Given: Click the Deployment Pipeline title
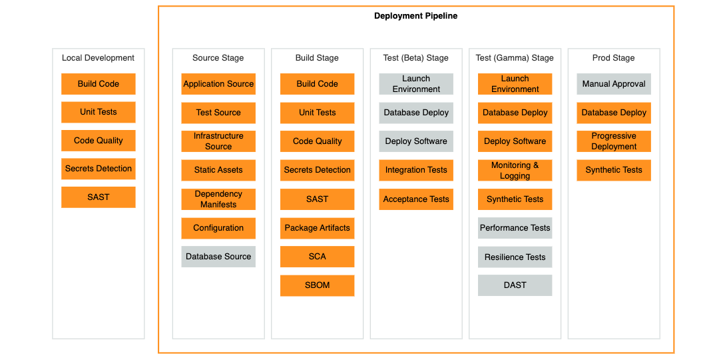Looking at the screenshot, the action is tap(415, 16).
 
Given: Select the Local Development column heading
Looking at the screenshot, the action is tap(98, 58).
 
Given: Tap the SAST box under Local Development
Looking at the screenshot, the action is tap(99, 197).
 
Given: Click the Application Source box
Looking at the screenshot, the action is tap(218, 84).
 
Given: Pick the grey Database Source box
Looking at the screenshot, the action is tap(218, 257).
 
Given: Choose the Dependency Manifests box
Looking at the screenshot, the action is tap(218, 199).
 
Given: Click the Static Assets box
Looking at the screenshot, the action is tap(218, 171).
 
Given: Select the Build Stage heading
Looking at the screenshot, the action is tap(317, 58).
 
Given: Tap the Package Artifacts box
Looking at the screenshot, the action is tap(318, 228).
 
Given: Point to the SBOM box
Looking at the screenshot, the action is tap(318, 285).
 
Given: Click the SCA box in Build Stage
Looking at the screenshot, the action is tap(318, 257).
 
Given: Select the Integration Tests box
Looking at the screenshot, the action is tap(416, 171).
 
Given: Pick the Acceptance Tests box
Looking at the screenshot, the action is tap(416, 199).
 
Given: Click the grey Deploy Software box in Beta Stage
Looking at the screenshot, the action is tap(416, 141).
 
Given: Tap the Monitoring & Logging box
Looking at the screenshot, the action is tap(515, 171).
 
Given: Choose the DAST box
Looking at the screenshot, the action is tap(515, 285).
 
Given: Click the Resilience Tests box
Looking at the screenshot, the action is tap(515, 257).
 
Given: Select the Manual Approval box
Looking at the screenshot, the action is tap(614, 84).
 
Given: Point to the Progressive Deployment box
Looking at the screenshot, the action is tap(614, 141).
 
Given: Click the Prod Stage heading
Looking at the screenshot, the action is tap(614, 58).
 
